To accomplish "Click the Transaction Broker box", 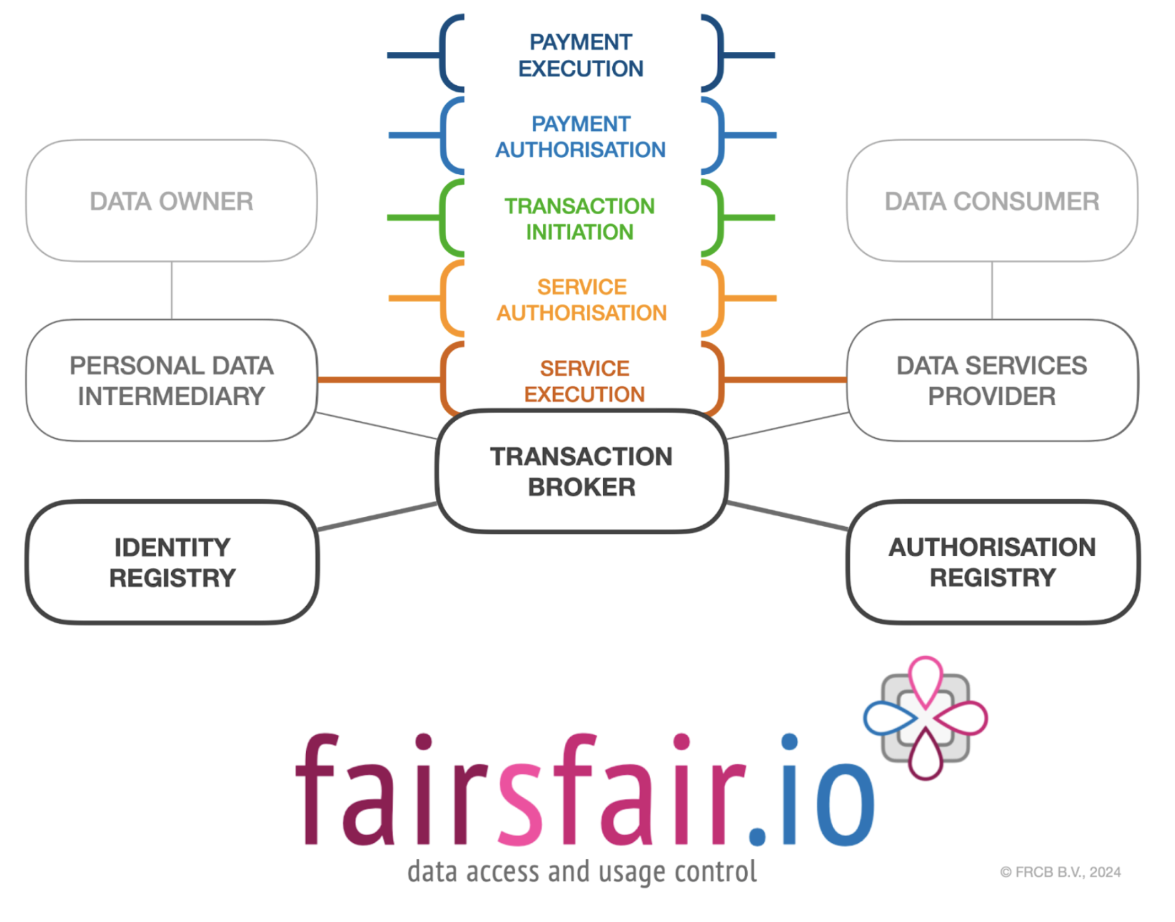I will [581, 471].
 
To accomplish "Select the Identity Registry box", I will [172, 562].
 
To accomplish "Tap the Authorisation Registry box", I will [992, 562].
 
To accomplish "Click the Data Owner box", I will [171, 201].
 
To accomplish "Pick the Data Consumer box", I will [991, 201].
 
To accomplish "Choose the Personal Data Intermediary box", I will [171, 381].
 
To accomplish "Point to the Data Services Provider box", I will [991, 381].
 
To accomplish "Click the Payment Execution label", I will [580, 55].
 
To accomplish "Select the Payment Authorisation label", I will [580, 136].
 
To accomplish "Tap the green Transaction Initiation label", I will [580, 219].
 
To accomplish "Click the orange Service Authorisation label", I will [582, 299].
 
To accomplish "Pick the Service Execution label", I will [584, 381].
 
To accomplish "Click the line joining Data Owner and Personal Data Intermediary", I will [172, 290].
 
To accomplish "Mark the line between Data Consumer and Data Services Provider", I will [992, 290].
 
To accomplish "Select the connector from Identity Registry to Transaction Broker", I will [377, 517].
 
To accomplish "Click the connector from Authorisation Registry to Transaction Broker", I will [787, 516].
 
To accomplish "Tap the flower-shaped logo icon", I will [925, 718].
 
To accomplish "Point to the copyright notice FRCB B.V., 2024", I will [1061, 872].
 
